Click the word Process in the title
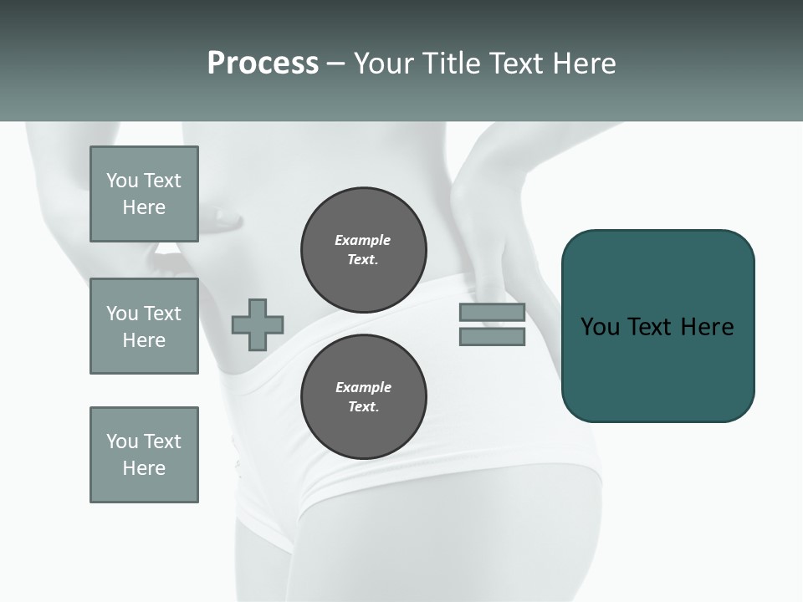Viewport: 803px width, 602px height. pyautogui.click(x=263, y=64)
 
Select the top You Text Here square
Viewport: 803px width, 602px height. pyautogui.click(x=144, y=194)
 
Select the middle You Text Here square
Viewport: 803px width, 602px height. pyautogui.click(x=144, y=326)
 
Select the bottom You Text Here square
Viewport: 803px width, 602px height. pyautogui.click(x=144, y=455)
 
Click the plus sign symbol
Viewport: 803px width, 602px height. pyautogui.click(x=258, y=324)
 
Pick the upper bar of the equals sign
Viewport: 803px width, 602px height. pyautogui.click(x=492, y=313)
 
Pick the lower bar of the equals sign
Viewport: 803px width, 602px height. pyautogui.click(x=492, y=337)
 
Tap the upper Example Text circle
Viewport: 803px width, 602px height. pyautogui.click(x=363, y=250)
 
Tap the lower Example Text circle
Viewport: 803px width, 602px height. pyautogui.click(x=363, y=397)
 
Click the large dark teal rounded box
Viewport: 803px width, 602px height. pyautogui.click(x=657, y=368)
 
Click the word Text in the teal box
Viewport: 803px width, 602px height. pyautogui.click(x=652, y=327)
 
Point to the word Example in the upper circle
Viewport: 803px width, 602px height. pyautogui.click(x=363, y=240)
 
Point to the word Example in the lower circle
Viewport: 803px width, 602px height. pyautogui.click(x=363, y=387)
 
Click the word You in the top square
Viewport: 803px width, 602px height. pyautogui.click(x=122, y=181)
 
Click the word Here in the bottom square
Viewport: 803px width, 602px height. pyautogui.click(x=144, y=468)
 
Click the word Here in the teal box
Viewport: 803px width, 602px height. pyautogui.click(x=707, y=327)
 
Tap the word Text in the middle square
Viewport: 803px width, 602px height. pyautogui.click(x=162, y=314)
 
